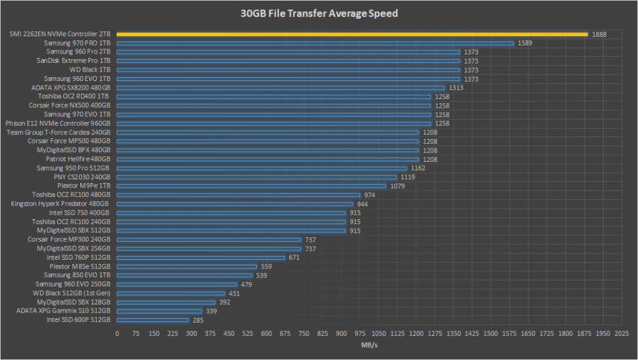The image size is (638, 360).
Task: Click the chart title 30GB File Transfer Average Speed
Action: pos(319,12)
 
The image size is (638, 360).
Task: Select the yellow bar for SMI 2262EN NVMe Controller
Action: pos(352,34)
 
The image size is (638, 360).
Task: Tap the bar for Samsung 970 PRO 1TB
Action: pos(315,43)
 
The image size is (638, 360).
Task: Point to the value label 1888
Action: pos(599,34)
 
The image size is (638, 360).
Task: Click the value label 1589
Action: pos(525,43)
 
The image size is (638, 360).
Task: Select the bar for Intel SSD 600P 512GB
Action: pos(153,320)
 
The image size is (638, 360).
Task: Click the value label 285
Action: pos(198,320)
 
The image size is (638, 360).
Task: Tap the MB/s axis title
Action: pos(369,344)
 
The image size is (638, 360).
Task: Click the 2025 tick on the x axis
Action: pos(621,334)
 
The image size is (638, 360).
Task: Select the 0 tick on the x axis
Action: pos(117,334)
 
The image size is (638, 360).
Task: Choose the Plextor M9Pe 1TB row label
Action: pos(83,186)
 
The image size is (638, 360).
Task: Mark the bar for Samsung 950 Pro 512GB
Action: pos(262,168)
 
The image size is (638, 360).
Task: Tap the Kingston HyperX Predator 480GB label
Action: pos(60,204)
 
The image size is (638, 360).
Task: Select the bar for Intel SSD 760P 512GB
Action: pos(201,257)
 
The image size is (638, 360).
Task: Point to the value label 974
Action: pos(369,195)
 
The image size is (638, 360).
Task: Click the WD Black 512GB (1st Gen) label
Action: pos(72,293)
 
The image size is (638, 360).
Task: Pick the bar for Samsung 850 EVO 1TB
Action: pos(184,275)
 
